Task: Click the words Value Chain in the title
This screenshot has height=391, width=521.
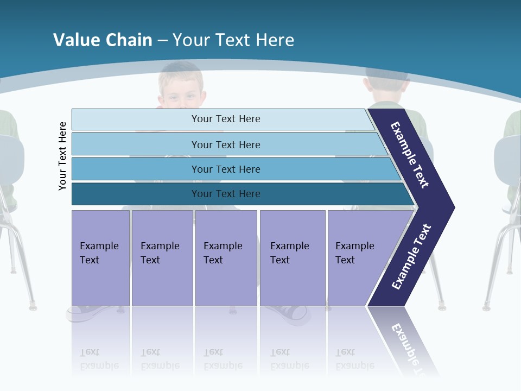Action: (103, 40)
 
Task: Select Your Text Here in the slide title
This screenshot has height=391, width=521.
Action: (233, 40)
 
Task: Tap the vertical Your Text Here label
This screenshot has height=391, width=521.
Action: (62, 156)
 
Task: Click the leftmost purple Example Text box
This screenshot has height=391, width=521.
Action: (100, 258)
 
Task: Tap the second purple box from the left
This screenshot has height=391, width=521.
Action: (162, 258)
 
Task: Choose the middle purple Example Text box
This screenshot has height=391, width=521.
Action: (226, 258)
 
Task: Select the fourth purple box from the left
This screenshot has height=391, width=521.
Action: (293, 258)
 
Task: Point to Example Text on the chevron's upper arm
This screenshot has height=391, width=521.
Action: (410, 155)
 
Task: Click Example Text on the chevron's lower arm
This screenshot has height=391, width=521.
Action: (411, 257)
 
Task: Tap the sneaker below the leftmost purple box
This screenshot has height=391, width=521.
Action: (87, 313)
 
